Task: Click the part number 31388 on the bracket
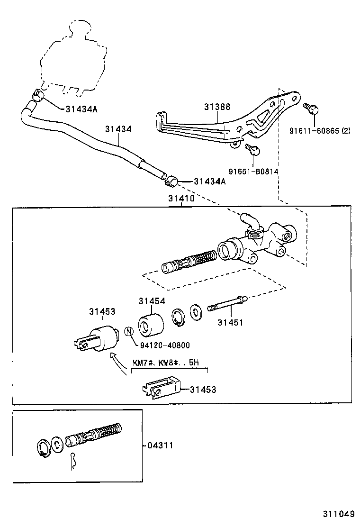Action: (217, 107)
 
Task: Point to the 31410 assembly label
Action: (181, 199)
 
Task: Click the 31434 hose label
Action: (118, 128)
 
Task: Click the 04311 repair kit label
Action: (160, 445)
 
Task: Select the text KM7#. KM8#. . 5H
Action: (166, 363)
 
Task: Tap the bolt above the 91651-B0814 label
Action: (253, 149)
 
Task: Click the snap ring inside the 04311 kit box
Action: (43, 448)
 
